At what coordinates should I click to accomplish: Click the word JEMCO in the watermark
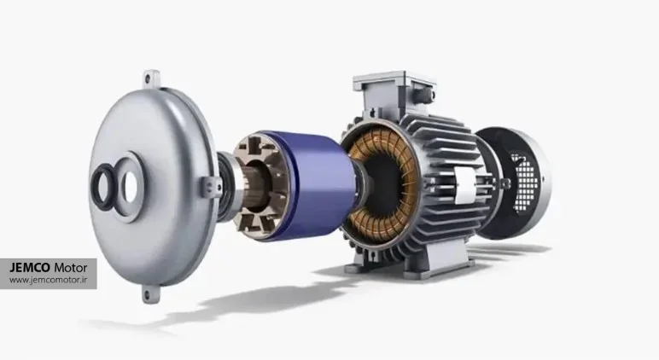(30, 268)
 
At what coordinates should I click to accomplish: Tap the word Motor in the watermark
(71, 268)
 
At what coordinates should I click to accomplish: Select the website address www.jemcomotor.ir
(48, 280)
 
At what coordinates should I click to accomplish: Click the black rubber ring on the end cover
(103, 187)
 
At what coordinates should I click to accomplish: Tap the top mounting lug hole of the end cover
(148, 78)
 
